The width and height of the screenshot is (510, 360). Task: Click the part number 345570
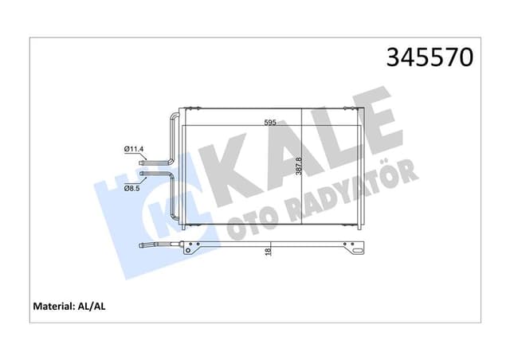[x=430, y=58]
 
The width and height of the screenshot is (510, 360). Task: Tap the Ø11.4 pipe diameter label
[x=132, y=148]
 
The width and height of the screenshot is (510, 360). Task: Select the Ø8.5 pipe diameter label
[x=132, y=188]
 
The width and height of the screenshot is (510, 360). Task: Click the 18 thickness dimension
[x=270, y=252]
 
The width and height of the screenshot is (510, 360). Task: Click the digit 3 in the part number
[x=394, y=58]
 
